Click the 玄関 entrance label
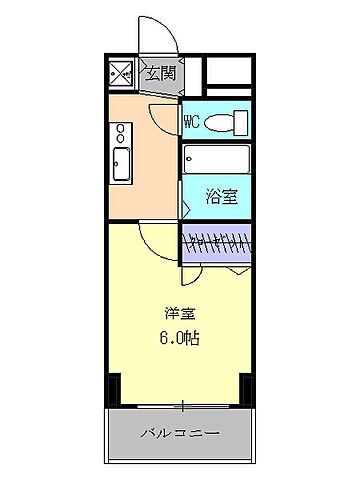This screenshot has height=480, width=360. click(x=160, y=73)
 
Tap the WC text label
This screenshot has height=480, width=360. click(x=193, y=122)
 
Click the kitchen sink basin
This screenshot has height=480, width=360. click(x=123, y=168)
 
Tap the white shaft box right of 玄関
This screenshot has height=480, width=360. click(x=229, y=73)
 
